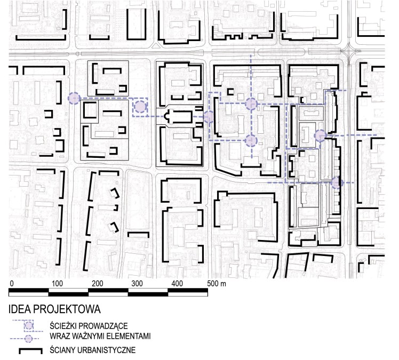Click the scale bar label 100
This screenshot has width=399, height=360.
pos(57,283)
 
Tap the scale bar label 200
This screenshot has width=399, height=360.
pos(97,283)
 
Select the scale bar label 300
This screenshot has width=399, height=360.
pos(137,283)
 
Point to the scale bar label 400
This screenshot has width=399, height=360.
pos(177,283)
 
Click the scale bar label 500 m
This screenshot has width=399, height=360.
pos(217,283)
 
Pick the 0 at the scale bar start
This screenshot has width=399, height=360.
pos(11,283)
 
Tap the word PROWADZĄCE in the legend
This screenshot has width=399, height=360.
pos(102,326)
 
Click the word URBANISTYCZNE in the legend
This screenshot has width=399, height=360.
pos(104,350)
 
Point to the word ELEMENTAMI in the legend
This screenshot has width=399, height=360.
pos(128,336)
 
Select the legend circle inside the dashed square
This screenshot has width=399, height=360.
pos(28,326)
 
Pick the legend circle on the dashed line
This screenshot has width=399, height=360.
pos(28,339)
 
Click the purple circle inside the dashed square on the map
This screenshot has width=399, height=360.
pos(140,107)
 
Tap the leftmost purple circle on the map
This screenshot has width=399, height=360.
pos(74,98)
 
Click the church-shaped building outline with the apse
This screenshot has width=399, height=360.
pos(179,117)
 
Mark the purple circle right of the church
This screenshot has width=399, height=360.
pos(209,117)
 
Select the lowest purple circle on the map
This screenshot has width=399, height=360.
pos(337,183)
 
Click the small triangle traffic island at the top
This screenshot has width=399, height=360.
pos(156,46)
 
